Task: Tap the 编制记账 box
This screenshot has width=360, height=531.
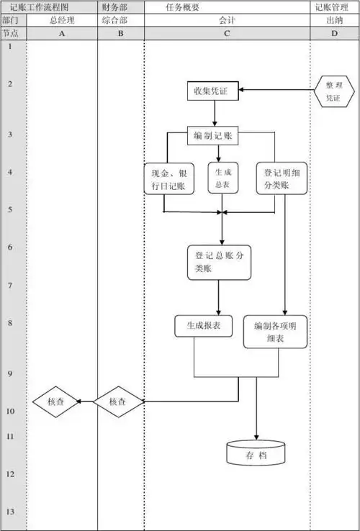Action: [214, 135]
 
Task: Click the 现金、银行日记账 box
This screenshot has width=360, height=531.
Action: [168, 179]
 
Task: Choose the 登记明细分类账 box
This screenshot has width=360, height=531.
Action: [282, 178]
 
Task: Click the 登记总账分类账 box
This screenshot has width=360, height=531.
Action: [220, 263]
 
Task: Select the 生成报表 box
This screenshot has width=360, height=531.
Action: [203, 325]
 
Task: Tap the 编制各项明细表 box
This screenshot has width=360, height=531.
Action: [274, 332]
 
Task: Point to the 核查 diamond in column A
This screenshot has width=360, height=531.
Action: [55, 401]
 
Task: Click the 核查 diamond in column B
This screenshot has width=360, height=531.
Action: [118, 401]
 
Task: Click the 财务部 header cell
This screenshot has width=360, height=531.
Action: [120, 6]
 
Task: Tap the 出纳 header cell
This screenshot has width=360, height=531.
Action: [334, 20]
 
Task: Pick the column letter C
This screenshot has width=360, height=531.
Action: [227, 33]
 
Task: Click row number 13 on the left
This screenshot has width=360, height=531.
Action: [10, 512]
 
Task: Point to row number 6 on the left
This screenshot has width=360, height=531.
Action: [10, 248]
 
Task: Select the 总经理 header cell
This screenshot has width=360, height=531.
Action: [61, 20]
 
